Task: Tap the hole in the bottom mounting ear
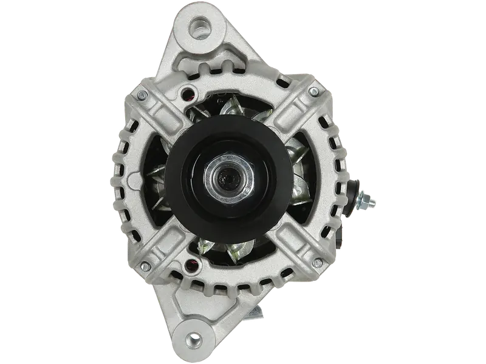tap(194, 337)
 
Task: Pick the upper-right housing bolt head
tap(313, 92)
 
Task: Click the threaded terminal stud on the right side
tap(368, 198)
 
